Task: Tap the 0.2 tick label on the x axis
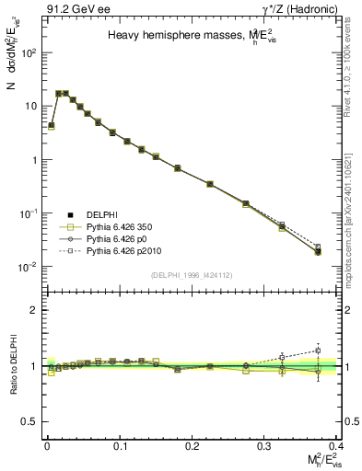click(x=193, y=444)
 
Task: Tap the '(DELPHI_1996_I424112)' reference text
click(x=192, y=274)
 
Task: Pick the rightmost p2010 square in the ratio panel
click(x=318, y=350)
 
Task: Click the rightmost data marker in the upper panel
click(x=318, y=250)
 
